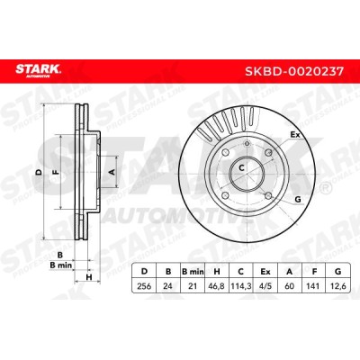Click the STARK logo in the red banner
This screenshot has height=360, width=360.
(39, 71)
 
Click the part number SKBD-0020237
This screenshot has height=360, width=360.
(294, 71)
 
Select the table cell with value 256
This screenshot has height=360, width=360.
(144, 286)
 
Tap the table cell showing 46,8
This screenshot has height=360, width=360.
(216, 286)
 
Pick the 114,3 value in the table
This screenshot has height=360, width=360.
(240, 286)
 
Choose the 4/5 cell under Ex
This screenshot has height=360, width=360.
(265, 286)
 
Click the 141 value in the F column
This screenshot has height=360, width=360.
(314, 286)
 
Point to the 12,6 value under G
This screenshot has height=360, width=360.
(338, 286)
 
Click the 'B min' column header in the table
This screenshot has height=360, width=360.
(193, 272)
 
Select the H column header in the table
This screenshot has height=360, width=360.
(216, 272)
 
